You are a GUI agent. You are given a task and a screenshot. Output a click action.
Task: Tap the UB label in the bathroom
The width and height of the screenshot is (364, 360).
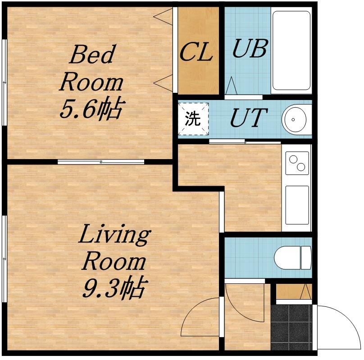click(x=250, y=48)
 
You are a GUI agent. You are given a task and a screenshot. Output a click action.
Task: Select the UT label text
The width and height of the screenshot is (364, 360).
click(x=249, y=118)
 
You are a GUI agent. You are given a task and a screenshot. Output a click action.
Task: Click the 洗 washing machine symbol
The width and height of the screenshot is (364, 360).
click(x=193, y=119)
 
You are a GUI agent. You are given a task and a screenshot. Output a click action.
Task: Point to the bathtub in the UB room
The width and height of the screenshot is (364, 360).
click(x=291, y=50)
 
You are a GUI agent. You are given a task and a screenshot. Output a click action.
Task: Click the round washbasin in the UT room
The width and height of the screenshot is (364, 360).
click(x=294, y=119)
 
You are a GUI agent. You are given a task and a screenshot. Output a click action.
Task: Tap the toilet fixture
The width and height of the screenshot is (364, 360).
click(x=293, y=257)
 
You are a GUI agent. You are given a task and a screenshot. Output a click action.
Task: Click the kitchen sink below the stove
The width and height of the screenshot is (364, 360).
click(x=297, y=205)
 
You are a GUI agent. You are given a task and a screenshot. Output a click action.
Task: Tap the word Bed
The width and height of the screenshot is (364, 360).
click(x=92, y=54)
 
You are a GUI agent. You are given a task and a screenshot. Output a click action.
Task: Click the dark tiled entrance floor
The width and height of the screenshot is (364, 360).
click(x=291, y=327)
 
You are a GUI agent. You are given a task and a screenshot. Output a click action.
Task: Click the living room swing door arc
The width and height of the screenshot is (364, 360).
click(x=195, y=311)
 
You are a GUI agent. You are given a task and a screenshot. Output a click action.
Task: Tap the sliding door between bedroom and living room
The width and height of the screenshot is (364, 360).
click(x=101, y=162)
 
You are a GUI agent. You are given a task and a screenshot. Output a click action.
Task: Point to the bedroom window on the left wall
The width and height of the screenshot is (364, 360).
click(x=4, y=82)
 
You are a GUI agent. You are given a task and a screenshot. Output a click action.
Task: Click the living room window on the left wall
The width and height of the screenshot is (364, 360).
click(x=4, y=259)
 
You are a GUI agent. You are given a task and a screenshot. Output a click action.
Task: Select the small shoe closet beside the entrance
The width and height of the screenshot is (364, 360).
click(x=294, y=292)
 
